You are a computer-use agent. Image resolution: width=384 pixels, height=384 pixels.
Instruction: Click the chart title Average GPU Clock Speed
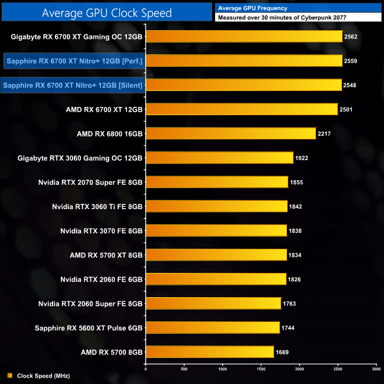pyautogui.click(x=107, y=12)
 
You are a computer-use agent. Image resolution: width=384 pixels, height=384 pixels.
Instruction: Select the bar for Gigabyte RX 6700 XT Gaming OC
pyautogui.click(x=244, y=37)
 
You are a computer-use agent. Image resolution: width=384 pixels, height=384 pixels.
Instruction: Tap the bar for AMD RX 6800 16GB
pyautogui.click(x=230, y=134)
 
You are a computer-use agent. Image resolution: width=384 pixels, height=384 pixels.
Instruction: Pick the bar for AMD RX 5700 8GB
pyautogui.click(x=210, y=352)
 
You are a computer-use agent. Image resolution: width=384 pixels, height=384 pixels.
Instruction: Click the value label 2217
pyautogui.click(x=324, y=134)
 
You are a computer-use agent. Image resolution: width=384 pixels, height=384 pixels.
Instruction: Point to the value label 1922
pyautogui.click(x=302, y=158)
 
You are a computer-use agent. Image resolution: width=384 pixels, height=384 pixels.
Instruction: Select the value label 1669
pyautogui.click(x=282, y=352)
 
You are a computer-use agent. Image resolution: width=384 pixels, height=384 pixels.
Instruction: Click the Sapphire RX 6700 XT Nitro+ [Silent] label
pyautogui.click(x=73, y=85)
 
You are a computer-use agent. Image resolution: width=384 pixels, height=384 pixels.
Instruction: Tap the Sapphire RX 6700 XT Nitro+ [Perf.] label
pyautogui.click(x=75, y=61)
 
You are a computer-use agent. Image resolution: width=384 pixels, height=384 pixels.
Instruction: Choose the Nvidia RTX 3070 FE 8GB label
pyautogui.click(x=102, y=230)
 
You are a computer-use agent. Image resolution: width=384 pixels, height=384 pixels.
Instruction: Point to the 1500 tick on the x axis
pyautogui.click(x=261, y=369)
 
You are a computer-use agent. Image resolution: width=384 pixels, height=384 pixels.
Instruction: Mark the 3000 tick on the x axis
pyautogui.click(x=376, y=369)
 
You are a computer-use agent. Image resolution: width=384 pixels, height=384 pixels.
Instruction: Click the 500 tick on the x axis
pyautogui.click(x=184, y=369)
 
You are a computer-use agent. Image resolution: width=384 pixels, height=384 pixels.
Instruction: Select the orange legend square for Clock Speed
pyautogui.click(x=9, y=375)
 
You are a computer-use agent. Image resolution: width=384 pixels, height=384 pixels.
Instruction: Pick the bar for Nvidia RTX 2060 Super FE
pyautogui.click(x=213, y=304)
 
